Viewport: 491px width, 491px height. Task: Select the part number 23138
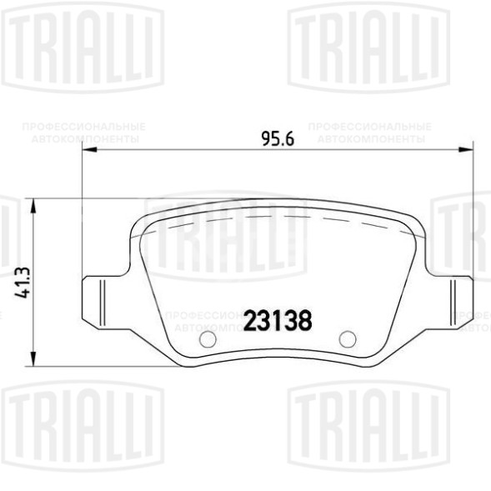tap(278, 318)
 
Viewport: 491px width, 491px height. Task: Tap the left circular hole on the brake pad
tap(208, 339)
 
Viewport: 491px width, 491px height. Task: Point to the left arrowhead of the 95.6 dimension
tap(88, 151)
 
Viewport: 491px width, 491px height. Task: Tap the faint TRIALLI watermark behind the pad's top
tap(225, 238)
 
